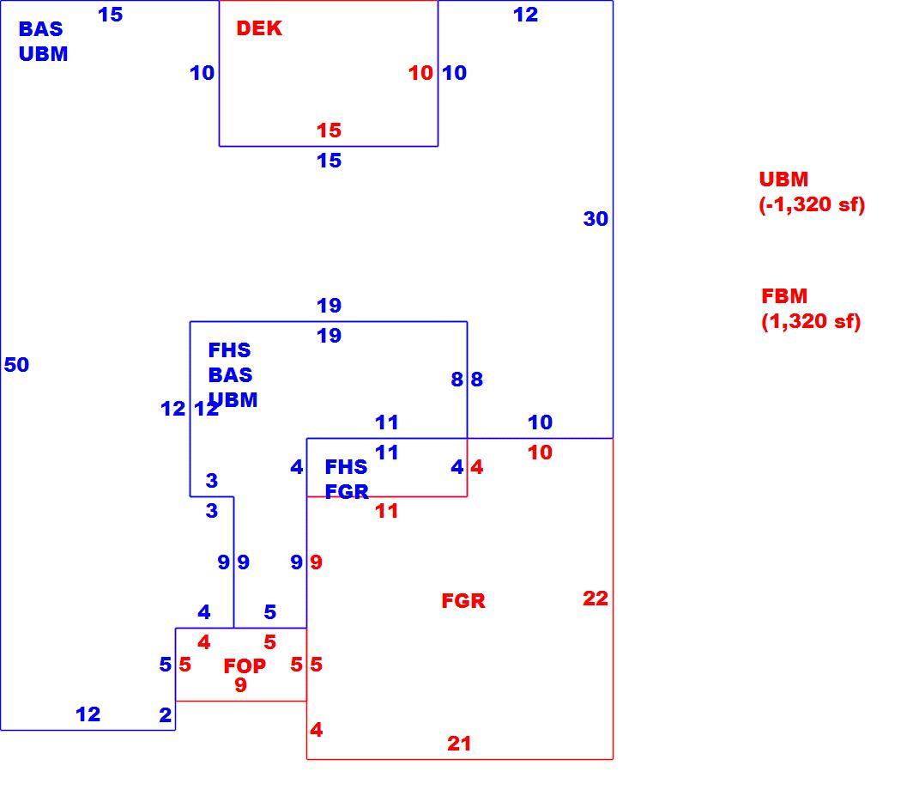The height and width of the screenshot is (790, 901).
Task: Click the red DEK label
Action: [x=259, y=28]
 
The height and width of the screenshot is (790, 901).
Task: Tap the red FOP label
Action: [x=245, y=665]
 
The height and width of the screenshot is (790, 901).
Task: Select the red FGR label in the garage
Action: [x=463, y=601]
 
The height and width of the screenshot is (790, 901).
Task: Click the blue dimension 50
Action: [x=16, y=365]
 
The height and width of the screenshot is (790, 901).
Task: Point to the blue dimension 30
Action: [x=596, y=218]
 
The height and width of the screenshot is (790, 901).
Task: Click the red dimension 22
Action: [x=596, y=599]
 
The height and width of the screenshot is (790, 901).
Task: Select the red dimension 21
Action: [x=459, y=744]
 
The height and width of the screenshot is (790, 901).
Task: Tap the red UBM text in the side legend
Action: [x=783, y=179]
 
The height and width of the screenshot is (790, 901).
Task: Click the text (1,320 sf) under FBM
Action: [x=811, y=321]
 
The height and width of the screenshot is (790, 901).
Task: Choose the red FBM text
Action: [x=784, y=295]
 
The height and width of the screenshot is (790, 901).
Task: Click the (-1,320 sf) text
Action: [x=812, y=204]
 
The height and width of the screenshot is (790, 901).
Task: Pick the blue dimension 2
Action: [x=165, y=714]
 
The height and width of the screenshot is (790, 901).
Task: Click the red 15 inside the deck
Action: [x=329, y=131]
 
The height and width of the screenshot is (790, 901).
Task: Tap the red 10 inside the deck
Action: [x=420, y=73]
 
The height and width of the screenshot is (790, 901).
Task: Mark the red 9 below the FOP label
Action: [x=241, y=684]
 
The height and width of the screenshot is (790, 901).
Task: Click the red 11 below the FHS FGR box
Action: [x=386, y=511]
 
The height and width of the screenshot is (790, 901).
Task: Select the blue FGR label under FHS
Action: [x=347, y=491]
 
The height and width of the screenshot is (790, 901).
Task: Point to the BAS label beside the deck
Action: [x=41, y=28]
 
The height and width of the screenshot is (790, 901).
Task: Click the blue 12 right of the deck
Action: [x=525, y=15]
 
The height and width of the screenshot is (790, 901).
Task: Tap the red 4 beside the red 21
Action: [x=316, y=730]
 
